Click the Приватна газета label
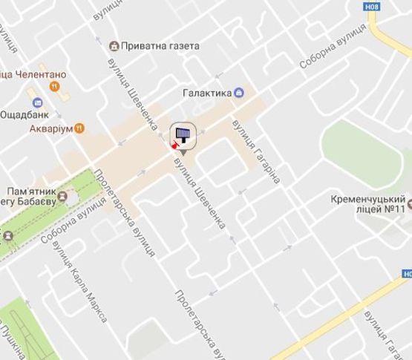point(161,45)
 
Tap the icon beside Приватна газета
point(114,45)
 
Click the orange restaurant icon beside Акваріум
point(80,128)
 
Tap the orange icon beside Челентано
point(53,86)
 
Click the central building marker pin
point(183,137)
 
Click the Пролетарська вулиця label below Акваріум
point(125,212)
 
